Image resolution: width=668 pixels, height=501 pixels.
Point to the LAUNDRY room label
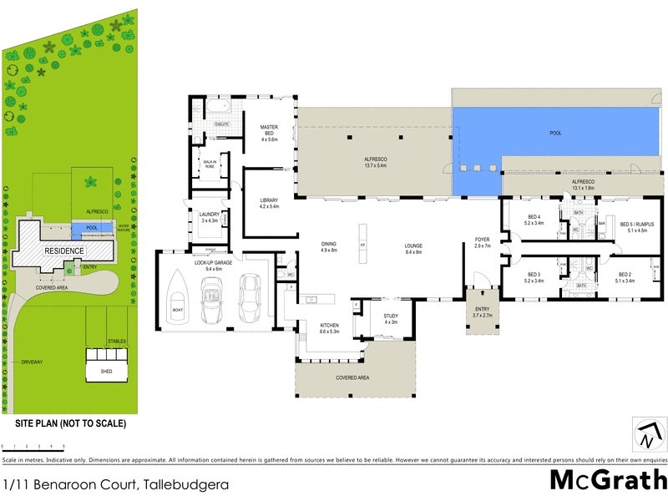(210, 216)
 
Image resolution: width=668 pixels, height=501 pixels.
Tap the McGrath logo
(608, 481)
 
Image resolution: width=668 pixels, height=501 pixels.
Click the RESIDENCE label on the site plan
(64, 250)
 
